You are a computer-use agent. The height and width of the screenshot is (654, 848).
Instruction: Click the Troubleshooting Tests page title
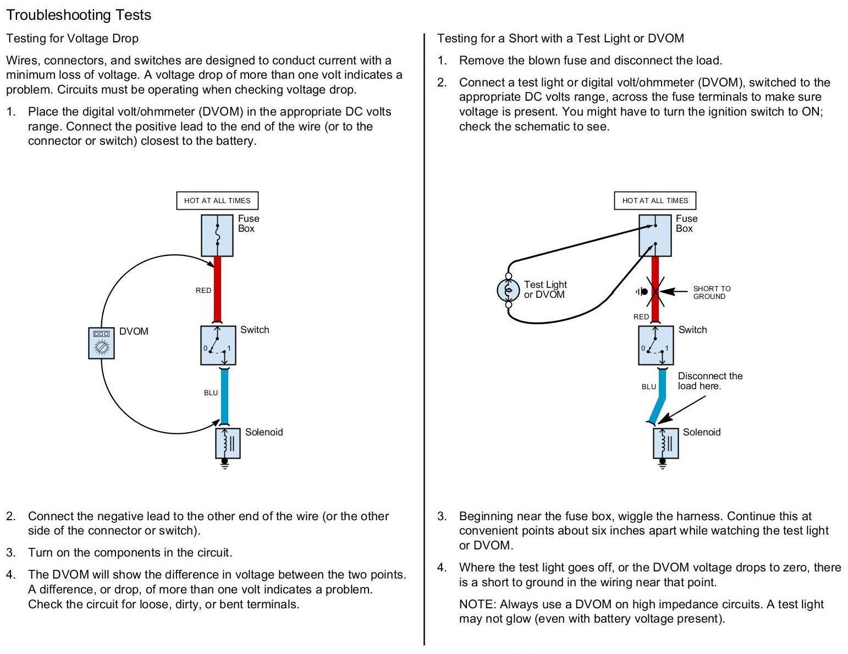(78, 15)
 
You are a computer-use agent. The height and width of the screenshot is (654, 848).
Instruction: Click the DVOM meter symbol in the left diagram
(101, 343)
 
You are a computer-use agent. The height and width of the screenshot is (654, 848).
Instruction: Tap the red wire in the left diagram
(217, 289)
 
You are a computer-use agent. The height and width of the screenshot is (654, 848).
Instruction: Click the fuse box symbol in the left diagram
(217, 235)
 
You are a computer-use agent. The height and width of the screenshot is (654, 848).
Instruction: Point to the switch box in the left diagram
(218, 345)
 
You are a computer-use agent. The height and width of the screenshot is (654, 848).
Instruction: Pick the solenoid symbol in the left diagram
(228, 443)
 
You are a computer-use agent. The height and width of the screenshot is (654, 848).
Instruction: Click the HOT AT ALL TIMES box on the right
(654, 200)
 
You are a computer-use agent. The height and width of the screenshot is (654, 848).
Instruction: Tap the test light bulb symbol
(508, 290)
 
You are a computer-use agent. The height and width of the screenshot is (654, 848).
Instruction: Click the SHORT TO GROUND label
(712, 292)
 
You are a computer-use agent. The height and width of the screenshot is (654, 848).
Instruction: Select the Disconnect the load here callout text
(709, 381)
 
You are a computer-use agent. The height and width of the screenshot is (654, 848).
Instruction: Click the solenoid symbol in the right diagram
(665, 443)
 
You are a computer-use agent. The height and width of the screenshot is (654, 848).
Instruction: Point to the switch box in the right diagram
(656, 345)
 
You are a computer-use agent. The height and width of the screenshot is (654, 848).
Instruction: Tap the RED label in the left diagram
(203, 290)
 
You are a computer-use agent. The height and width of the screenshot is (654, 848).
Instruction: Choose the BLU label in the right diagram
(649, 386)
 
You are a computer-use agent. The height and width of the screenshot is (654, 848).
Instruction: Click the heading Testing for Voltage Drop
(72, 39)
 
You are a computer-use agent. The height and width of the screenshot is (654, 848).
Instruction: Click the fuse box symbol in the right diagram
(655, 235)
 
